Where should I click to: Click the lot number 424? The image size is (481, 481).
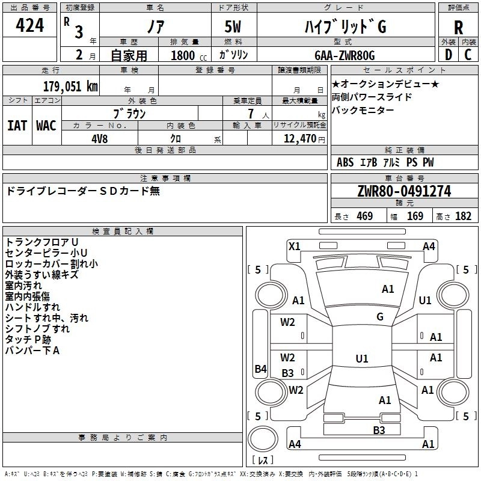point(30,25)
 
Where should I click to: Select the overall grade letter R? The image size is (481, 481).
point(458,28)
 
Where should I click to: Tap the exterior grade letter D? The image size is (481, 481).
point(448,55)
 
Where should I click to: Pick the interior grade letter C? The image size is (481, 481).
point(468,55)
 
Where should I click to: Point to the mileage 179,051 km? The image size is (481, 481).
point(71,86)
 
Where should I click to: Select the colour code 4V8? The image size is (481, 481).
point(100,138)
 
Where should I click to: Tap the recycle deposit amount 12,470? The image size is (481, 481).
point(299,139)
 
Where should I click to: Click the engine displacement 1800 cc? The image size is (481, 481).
point(184,56)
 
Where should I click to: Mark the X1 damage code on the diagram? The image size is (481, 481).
point(295,245)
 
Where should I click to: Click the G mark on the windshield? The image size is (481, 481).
point(380,317)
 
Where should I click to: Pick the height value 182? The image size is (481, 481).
point(463,216)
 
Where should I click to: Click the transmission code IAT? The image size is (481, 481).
point(17,126)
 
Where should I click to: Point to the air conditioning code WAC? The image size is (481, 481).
point(46,126)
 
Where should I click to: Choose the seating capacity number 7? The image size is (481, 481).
point(250,113)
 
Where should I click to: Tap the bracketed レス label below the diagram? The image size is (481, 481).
point(263,461)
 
